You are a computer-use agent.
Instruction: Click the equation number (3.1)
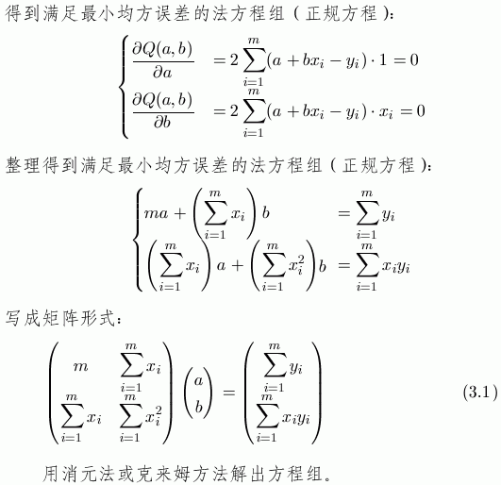480,392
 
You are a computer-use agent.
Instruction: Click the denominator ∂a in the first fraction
163,73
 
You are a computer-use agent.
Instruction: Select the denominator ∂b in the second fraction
162,122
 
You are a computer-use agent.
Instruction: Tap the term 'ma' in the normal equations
156,213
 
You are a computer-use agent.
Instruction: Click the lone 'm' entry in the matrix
80,367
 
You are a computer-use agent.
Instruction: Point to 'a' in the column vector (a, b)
199,380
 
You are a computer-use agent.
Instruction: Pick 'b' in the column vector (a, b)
199,407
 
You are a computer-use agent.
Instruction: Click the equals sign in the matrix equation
228,392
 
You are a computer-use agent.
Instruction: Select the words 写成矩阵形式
60,319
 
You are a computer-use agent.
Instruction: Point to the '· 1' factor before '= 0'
379,60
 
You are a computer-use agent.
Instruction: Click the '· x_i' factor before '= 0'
382,112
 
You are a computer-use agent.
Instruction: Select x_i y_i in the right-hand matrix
295,418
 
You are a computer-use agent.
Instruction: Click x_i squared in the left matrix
154,417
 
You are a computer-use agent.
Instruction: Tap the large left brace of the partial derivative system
124,87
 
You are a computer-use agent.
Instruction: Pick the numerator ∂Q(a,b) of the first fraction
162,49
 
